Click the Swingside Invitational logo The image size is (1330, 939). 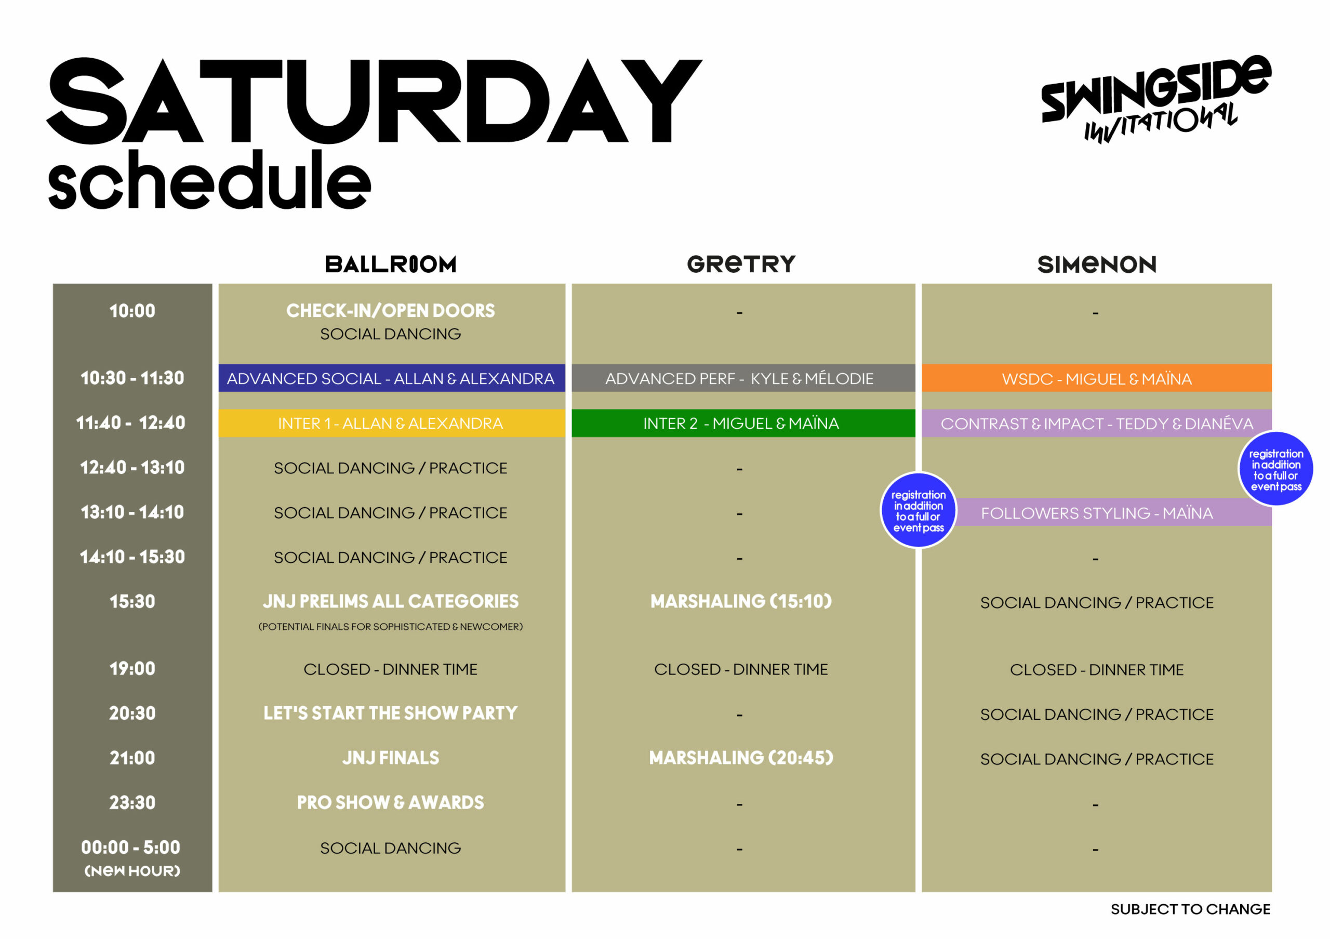coord(1155,99)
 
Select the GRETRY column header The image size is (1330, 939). coord(741,264)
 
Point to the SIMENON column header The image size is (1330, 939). coord(1097,264)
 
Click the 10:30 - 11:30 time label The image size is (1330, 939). coord(132,378)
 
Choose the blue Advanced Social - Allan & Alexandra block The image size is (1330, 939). coord(392,378)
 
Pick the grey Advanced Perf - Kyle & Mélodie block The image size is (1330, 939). coord(743,378)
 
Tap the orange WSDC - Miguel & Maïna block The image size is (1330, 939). coord(1097,378)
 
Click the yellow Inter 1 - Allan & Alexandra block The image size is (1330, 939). coord(392,424)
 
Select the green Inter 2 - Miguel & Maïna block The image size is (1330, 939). coord(743,424)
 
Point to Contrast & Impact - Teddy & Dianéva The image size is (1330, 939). coord(1097,424)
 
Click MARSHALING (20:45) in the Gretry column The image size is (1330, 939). coord(741,758)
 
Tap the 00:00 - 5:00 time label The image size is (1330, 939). coord(131,848)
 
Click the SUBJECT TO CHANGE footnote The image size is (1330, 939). coord(1190,909)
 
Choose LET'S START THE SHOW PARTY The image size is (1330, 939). coord(390,713)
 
